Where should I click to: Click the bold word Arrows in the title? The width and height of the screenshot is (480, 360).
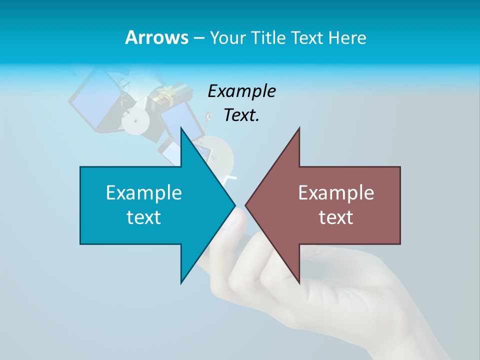(x=156, y=37)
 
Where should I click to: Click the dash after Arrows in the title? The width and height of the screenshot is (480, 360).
(x=198, y=38)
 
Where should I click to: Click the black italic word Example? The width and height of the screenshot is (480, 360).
(x=241, y=91)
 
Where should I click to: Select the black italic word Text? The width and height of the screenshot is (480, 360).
(x=241, y=115)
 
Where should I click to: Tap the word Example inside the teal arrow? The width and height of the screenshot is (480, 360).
(x=144, y=192)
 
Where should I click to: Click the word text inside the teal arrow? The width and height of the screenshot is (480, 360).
(x=144, y=217)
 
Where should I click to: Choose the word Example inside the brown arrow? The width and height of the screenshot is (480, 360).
(x=336, y=192)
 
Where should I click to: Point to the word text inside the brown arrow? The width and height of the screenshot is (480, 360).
(x=336, y=217)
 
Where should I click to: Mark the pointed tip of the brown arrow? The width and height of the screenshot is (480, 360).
(x=246, y=205)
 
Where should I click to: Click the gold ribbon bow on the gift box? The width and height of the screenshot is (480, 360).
(x=166, y=93)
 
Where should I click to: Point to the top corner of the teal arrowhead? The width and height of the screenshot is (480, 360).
(x=181, y=128)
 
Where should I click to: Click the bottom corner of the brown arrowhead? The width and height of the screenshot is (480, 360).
(x=299, y=283)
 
